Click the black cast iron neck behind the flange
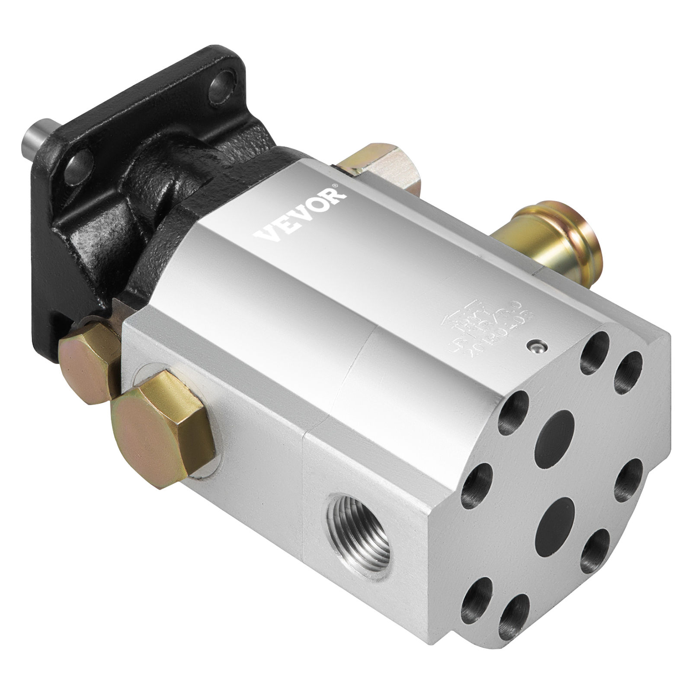156,182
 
